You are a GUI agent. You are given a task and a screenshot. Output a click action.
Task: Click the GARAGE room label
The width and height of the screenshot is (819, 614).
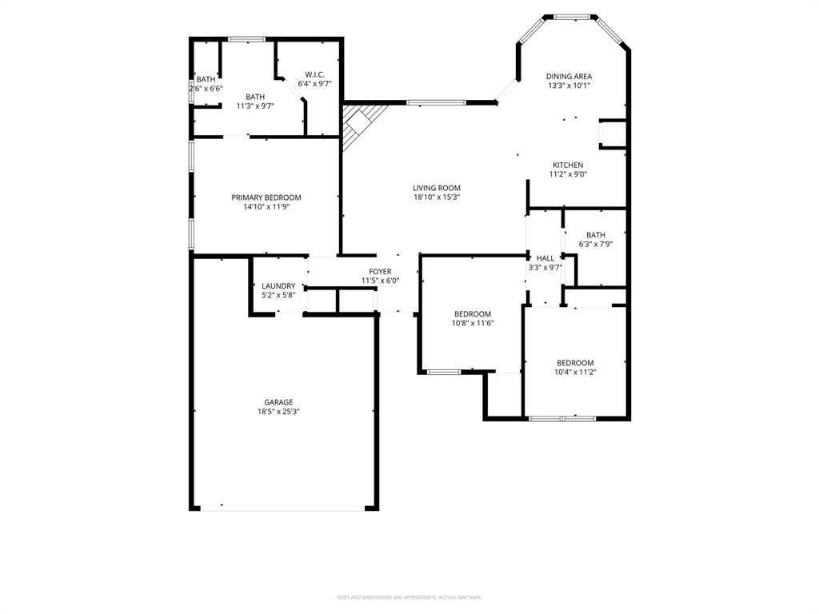(x=278, y=402)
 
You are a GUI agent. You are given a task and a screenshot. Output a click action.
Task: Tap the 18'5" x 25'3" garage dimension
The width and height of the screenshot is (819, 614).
(x=278, y=412)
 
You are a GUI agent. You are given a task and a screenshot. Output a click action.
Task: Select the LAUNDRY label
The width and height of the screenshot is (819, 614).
(x=278, y=286)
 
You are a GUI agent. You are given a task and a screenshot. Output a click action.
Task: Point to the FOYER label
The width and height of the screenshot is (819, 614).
(x=380, y=272)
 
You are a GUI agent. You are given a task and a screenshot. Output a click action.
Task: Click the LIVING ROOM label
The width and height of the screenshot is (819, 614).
(x=437, y=188)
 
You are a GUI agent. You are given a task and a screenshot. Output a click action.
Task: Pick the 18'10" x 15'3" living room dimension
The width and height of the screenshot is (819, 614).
(x=437, y=197)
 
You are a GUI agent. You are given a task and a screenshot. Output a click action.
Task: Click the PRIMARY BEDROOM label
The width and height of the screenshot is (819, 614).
(x=266, y=197)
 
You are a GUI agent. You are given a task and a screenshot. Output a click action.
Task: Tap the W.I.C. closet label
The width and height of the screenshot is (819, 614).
(x=314, y=74)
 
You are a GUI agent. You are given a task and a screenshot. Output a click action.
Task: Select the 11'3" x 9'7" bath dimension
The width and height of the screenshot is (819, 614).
(x=255, y=106)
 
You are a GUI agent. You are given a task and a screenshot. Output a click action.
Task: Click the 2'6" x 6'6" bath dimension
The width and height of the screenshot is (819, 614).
(x=206, y=89)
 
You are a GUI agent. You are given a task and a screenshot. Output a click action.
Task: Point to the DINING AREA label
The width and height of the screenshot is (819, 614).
(x=569, y=76)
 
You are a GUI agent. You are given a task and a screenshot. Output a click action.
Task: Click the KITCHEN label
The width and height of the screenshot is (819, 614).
(x=568, y=165)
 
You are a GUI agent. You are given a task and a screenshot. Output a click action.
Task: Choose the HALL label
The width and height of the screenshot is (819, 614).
(x=545, y=258)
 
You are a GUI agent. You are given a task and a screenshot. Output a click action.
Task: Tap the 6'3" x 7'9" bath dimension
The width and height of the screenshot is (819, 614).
(x=595, y=245)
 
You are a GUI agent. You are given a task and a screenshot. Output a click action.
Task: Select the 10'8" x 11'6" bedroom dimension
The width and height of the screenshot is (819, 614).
(x=473, y=324)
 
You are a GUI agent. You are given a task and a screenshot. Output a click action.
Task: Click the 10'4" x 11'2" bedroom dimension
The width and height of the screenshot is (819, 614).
(x=575, y=372)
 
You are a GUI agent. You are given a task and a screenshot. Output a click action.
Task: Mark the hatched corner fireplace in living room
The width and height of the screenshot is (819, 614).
(x=358, y=124)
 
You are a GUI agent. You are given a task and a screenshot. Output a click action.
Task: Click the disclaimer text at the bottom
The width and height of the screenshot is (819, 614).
(x=409, y=597)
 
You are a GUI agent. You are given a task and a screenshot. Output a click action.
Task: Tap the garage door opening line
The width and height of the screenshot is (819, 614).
(x=283, y=507)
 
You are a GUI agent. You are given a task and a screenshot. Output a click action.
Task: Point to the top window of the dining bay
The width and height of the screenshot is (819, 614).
(x=573, y=15)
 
